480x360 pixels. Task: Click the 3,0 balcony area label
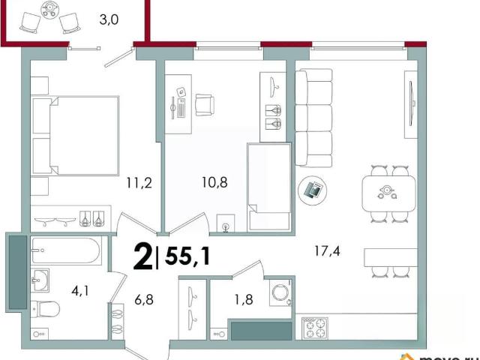tap(109, 19)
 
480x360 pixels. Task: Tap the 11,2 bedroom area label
tap(139, 183)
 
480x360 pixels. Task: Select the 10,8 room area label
tap(214, 182)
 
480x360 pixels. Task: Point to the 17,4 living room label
tap(327, 251)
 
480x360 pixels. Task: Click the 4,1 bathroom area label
tap(80, 290)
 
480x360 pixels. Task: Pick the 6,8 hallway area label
tap(144, 300)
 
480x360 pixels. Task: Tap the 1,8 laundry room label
tap(244, 300)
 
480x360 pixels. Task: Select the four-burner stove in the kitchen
tap(315, 328)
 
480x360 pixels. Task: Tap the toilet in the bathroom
tap(45, 309)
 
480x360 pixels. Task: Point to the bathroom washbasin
tap(40, 280)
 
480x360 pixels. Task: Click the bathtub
tap(66, 250)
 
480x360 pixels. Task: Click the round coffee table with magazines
tap(312, 190)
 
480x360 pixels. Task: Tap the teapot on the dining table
tap(387, 192)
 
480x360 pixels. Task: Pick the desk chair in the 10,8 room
tap(205, 105)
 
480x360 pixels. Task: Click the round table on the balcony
tap(49, 10)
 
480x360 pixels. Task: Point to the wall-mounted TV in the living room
tap(412, 103)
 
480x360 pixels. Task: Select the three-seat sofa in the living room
tap(313, 118)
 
